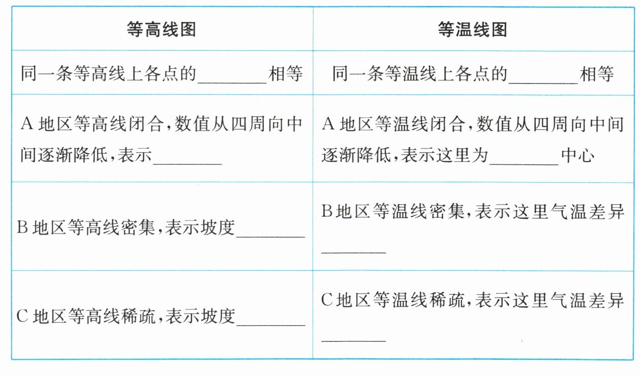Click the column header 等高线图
tap(162, 30)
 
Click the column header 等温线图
tap(473, 30)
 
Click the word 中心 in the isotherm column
tap(577, 155)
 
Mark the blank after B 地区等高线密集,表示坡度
tap(270, 232)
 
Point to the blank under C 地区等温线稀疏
tap(354, 336)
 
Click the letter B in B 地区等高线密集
tap(22, 228)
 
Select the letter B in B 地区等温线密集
tap(327, 212)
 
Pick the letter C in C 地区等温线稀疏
tap(327, 300)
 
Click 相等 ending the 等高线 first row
tap(286, 74)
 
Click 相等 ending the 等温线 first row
tap(597, 74)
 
